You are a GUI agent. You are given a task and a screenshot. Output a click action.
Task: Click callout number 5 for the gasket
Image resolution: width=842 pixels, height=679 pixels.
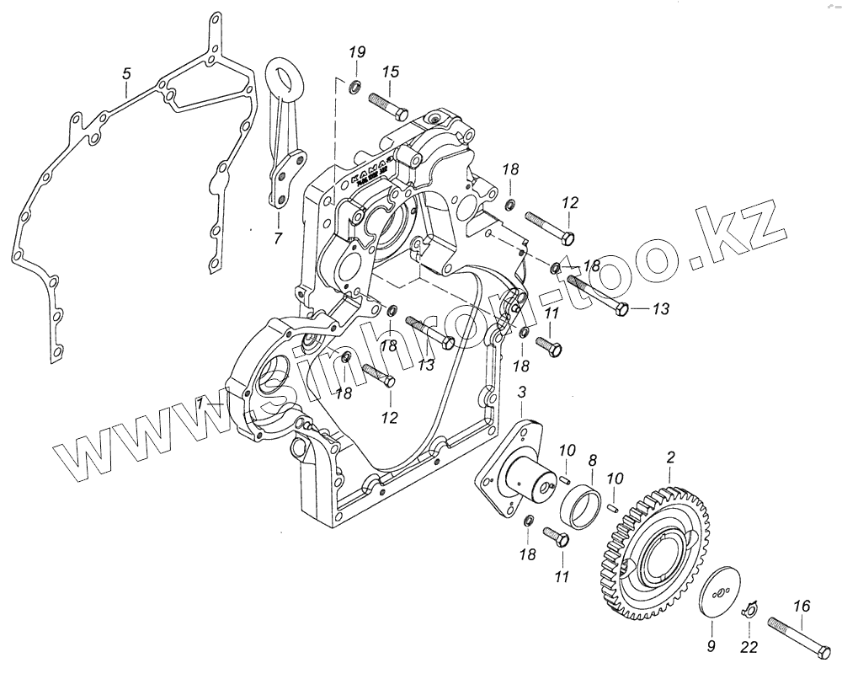click(x=125, y=75)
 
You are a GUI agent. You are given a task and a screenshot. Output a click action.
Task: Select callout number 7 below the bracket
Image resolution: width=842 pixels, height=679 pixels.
click(x=277, y=238)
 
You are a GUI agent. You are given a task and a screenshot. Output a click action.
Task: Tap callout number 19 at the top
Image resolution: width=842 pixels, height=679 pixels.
click(x=355, y=55)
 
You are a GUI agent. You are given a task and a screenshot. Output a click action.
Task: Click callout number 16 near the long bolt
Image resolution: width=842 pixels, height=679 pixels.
click(x=802, y=605)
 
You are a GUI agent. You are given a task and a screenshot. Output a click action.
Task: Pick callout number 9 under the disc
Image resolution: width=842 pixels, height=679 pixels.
click(x=711, y=646)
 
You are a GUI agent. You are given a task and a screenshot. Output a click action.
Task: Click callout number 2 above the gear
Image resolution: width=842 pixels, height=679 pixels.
click(x=671, y=457)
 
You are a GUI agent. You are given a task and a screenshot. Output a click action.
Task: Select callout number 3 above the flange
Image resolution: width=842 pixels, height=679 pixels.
click(x=522, y=393)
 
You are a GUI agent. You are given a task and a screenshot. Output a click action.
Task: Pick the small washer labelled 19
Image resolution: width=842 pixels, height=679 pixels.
click(x=354, y=84)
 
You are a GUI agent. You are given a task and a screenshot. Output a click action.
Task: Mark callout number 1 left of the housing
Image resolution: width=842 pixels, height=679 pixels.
click(x=200, y=404)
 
